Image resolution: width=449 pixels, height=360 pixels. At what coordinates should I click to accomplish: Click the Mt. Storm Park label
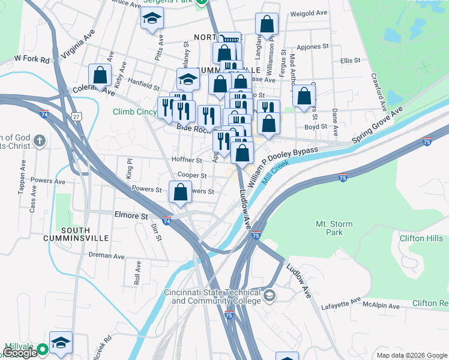pyautogui.click(x=334, y=228)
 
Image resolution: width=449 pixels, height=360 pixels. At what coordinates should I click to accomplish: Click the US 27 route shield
pyautogui.click(x=75, y=115)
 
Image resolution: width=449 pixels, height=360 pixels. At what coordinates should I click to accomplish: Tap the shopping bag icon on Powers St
pyautogui.click(x=180, y=193)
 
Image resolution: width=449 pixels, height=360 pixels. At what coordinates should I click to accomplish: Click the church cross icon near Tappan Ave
pyautogui.click(x=40, y=141)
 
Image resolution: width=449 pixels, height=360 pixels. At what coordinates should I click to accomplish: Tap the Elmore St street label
pyautogui.click(x=131, y=215)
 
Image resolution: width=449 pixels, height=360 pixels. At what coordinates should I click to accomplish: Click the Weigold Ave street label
pyautogui.click(x=308, y=13)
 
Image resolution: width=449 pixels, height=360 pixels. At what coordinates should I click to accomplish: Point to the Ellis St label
pyautogui.click(x=350, y=61)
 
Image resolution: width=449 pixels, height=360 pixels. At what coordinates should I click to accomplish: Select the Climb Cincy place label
pyautogui.click(x=134, y=112)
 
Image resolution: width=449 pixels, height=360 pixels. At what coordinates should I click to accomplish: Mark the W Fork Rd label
pyautogui.click(x=30, y=59)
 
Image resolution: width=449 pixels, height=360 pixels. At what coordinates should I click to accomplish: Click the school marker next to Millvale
pyautogui.click(x=61, y=343)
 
